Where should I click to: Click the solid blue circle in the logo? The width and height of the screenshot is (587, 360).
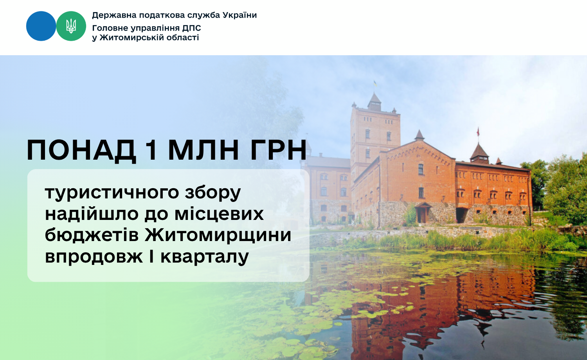(41, 26)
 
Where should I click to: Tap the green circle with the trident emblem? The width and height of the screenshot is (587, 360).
(71, 26)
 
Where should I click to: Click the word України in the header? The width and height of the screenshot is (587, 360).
(239, 15)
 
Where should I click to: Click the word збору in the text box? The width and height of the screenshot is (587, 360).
(213, 193)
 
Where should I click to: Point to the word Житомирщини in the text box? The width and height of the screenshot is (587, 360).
(218, 235)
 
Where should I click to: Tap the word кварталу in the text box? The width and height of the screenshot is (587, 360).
(204, 257)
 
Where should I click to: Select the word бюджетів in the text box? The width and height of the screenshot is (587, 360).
(92, 234)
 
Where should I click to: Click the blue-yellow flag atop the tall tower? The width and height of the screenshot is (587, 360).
(375, 84)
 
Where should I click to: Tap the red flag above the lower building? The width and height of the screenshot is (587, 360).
(478, 131)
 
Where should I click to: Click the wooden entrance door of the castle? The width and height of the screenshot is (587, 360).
(422, 215)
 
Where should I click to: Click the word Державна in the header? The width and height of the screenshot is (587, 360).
(114, 15)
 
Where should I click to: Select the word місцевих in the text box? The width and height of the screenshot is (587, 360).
(219, 214)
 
